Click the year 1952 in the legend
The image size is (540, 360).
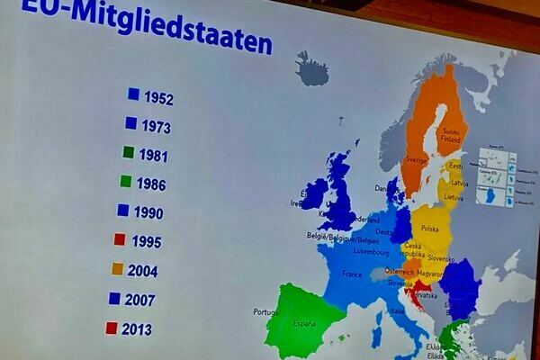158,99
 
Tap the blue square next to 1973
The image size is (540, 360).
131,123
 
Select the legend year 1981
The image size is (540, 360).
154,156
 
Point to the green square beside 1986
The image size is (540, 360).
126,181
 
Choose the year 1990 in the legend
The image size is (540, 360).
149,212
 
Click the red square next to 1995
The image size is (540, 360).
120,239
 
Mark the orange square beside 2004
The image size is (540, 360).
117,268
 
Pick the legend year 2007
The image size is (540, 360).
140,300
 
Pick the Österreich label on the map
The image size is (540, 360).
400,270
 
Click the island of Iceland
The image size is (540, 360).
312,70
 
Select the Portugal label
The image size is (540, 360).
267,312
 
